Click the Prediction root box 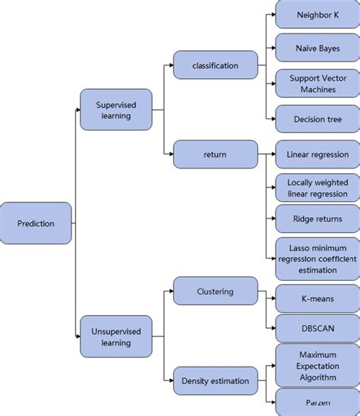36,223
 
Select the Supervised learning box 115,110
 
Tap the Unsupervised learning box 115,336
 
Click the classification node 215,65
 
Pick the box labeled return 215,154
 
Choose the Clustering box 215,292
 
